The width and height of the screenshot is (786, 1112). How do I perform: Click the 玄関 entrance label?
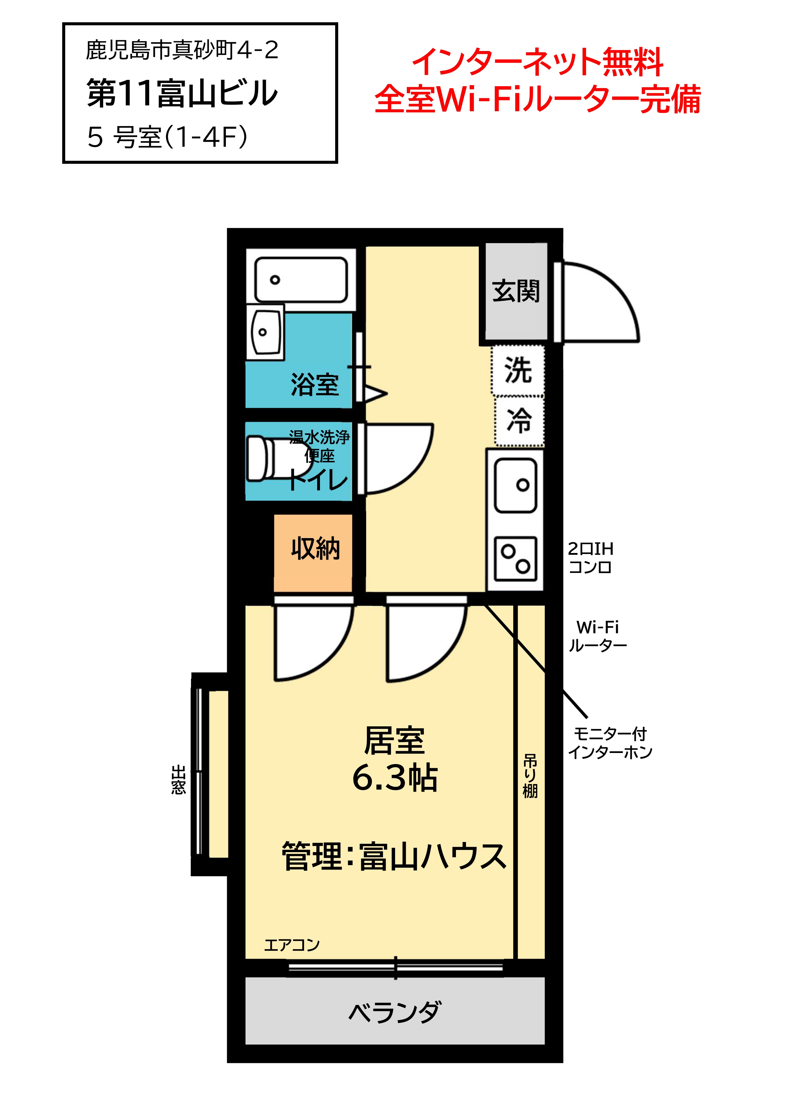click(x=516, y=291)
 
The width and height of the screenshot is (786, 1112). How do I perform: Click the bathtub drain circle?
click(x=275, y=280)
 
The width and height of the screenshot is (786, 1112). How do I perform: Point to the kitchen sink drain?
click(x=522, y=485)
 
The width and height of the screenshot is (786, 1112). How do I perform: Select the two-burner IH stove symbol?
click(x=515, y=558)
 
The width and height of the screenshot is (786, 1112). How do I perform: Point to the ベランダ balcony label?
click(x=395, y=1012)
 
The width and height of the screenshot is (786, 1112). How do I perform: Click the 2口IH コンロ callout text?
click(x=590, y=557)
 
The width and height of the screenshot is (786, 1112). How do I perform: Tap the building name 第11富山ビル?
click(x=182, y=93)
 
